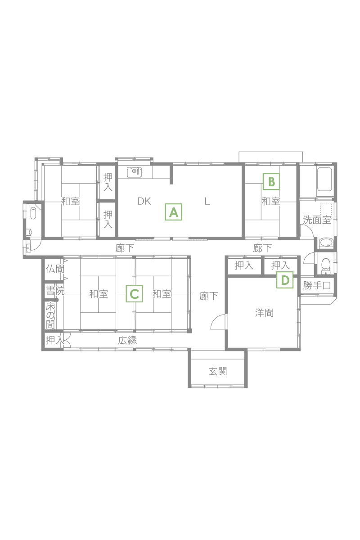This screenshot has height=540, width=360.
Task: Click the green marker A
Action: (173, 212)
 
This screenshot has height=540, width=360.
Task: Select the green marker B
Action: (271, 181)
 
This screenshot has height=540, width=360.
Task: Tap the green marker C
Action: (134, 293)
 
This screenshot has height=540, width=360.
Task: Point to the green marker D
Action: (285, 280)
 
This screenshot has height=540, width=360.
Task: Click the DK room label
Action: (144, 201)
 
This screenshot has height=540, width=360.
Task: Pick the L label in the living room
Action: (207, 201)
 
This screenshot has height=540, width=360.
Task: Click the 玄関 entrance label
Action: (218, 372)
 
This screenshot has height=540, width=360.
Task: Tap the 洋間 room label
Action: (264, 313)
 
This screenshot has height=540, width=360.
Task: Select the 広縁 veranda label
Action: (127, 340)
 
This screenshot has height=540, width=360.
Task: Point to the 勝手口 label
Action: (317, 285)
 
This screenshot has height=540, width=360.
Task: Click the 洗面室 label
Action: (317, 220)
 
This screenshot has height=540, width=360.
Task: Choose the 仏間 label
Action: (55, 269)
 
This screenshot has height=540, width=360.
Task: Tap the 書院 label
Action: (55, 291)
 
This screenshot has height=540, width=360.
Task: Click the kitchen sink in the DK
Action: (134, 172)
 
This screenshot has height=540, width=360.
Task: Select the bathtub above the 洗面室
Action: (324, 180)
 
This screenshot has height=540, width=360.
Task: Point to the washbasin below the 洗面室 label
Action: (326, 243)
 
